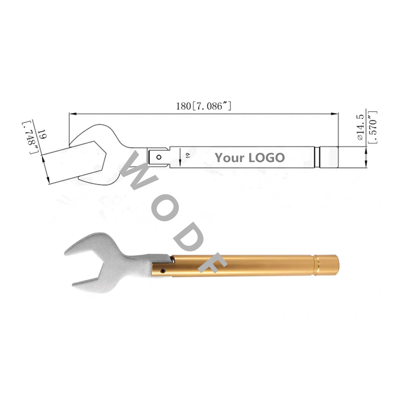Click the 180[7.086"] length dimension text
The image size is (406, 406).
click(204, 106)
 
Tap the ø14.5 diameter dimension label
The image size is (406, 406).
click(360, 127)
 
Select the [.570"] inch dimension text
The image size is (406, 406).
click(373, 127)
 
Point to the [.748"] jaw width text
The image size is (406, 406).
click(31, 137)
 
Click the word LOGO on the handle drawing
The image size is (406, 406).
click(266, 158)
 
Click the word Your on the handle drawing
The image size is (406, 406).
click(230, 158)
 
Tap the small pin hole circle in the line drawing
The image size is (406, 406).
click(159, 157)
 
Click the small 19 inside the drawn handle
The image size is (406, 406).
click(188, 155)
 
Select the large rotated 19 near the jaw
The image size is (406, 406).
click(42, 134)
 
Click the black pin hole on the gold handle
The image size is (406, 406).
click(162, 271)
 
